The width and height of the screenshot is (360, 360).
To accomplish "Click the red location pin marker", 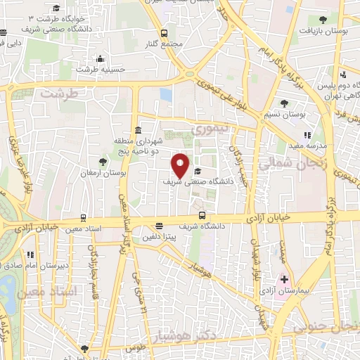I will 181,165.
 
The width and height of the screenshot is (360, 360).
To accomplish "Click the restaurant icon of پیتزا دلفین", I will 160,226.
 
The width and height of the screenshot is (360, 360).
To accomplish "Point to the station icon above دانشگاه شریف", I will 202,215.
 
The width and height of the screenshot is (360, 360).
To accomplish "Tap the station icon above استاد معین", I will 84,218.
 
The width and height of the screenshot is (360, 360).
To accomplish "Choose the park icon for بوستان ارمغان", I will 103,162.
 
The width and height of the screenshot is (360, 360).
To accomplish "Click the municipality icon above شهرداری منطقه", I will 137,131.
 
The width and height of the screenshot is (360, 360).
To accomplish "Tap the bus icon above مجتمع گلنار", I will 164,33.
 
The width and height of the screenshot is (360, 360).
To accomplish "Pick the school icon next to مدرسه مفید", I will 307,135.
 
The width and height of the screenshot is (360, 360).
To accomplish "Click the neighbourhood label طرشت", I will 56,93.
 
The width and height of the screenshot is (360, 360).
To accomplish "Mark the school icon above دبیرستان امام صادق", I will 30,255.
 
